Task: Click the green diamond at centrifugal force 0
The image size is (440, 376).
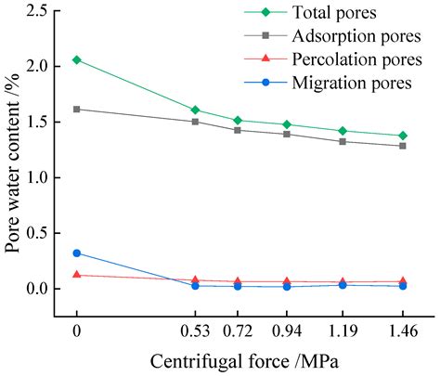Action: coord(77,59)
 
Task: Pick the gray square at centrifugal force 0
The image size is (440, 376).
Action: coord(77,109)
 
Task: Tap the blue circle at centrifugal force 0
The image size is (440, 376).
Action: coord(77,253)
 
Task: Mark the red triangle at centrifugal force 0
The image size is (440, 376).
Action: coord(77,275)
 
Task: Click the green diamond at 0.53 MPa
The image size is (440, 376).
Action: coord(195,110)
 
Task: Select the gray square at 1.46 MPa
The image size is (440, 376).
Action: coord(403,146)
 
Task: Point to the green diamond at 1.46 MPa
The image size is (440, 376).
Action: coord(403,136)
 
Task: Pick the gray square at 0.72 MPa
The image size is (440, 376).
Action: coord(238,130)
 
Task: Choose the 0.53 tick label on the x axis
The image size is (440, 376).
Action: coord(195,329)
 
